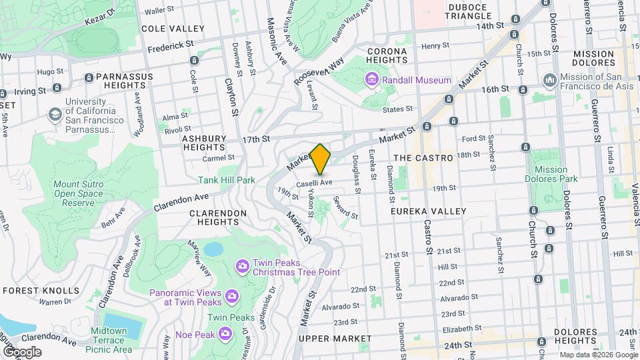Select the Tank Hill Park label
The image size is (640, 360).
(x=227, y=180)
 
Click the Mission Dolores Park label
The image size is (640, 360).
(x=551, y=174)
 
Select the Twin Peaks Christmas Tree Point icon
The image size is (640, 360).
(x=241, y=267)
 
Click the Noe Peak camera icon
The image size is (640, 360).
(x=225, y=333)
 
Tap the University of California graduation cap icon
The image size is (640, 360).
(x=53, y=115)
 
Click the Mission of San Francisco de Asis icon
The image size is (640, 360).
(x=550, y=81)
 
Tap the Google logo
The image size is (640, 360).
(x=21, y=352)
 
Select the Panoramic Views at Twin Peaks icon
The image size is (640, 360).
(x=232, y=294)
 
